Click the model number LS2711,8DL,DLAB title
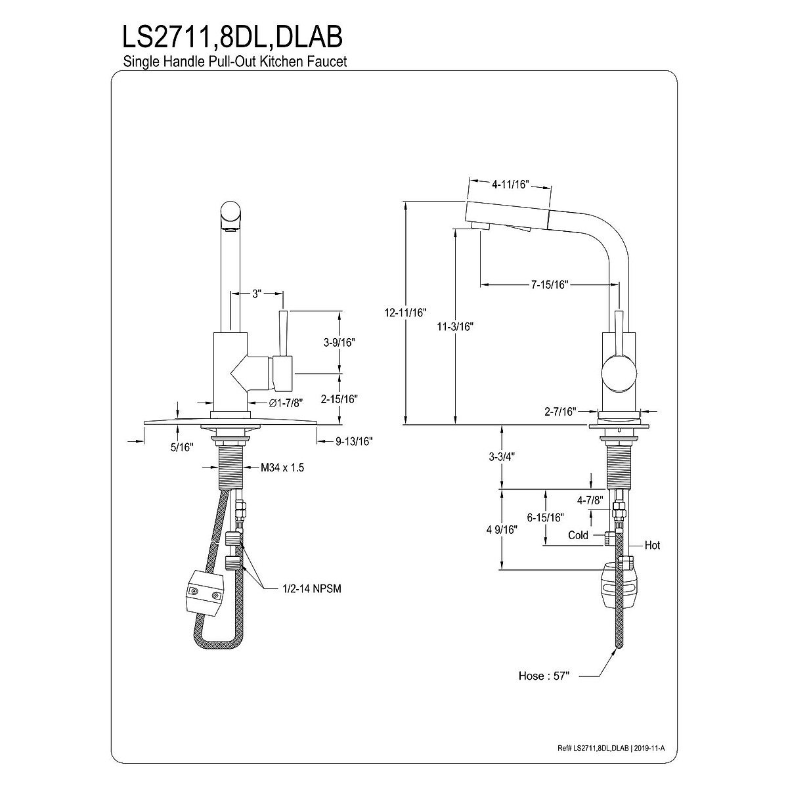click(x=232, y=37)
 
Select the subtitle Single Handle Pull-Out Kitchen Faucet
click(x=234, y=62)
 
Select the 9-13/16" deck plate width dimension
click(x=354, y=442)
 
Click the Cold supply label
click(x=578, y=535)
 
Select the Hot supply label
click(x=652, y=545)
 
